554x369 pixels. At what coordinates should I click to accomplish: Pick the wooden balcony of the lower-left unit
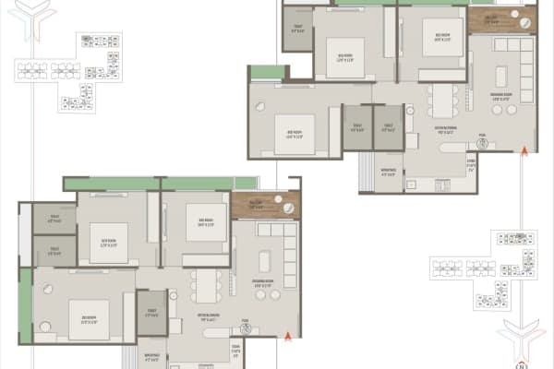tap(266, 206)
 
